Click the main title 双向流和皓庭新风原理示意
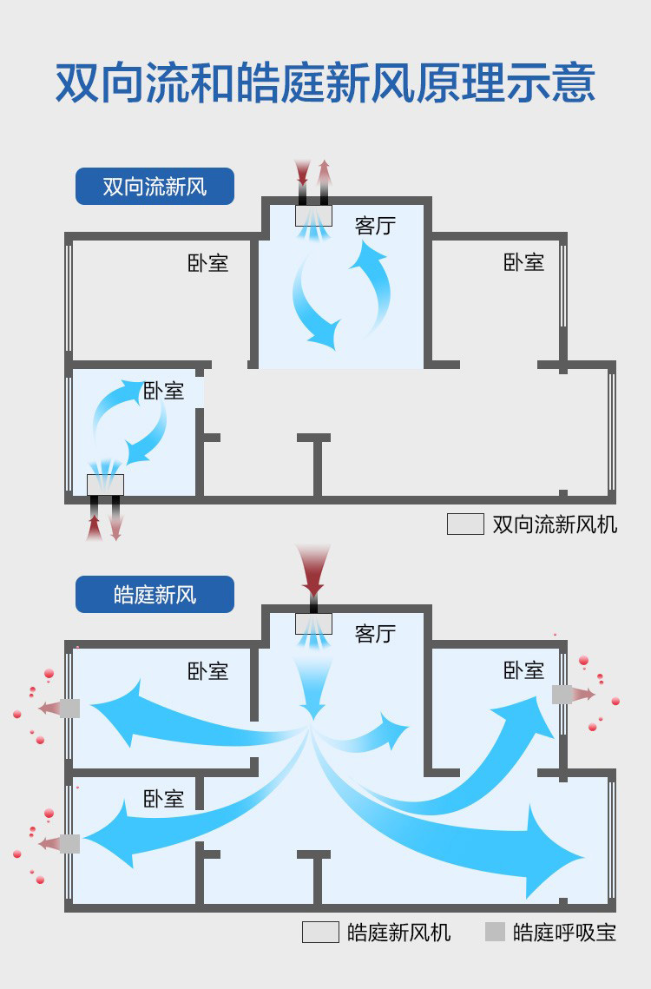325,83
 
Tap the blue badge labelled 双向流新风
155,187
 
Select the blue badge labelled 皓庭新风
155,595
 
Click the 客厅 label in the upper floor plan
375,226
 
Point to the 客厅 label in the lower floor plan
375,634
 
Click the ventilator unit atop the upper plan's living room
313,215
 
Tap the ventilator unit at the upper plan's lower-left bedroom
105,485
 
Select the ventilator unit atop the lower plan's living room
313,623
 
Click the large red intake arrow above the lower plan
312,569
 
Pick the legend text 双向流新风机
555,524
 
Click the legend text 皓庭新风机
398,933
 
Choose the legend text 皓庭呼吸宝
564,933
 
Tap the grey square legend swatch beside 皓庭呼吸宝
495,932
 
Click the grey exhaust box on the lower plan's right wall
562,694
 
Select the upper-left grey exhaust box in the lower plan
70,709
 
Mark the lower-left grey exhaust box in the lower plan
70,843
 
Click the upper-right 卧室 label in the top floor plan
523,262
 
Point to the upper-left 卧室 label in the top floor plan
208,262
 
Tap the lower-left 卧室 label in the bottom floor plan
164,798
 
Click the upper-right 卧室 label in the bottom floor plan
523,670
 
